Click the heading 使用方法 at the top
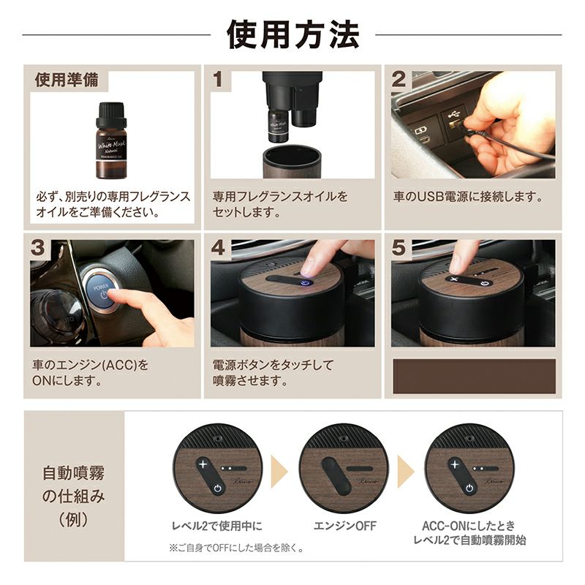click(293, 34)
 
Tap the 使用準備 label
click(67, 80)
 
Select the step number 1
click(217, 80)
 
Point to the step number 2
click(399, 80)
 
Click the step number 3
click(38, 248)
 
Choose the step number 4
click(218, 248)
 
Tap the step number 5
click(399, 248)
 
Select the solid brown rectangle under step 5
click(474, 377)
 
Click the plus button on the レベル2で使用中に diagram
click(203, 464)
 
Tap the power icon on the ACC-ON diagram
click(469, 488)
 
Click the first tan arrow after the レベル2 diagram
click(279, 472)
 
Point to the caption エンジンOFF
click(345, 526)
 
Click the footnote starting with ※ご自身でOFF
click(236, 548)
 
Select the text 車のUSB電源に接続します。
click(468, 197)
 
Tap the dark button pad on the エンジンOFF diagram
click(336, 476)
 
